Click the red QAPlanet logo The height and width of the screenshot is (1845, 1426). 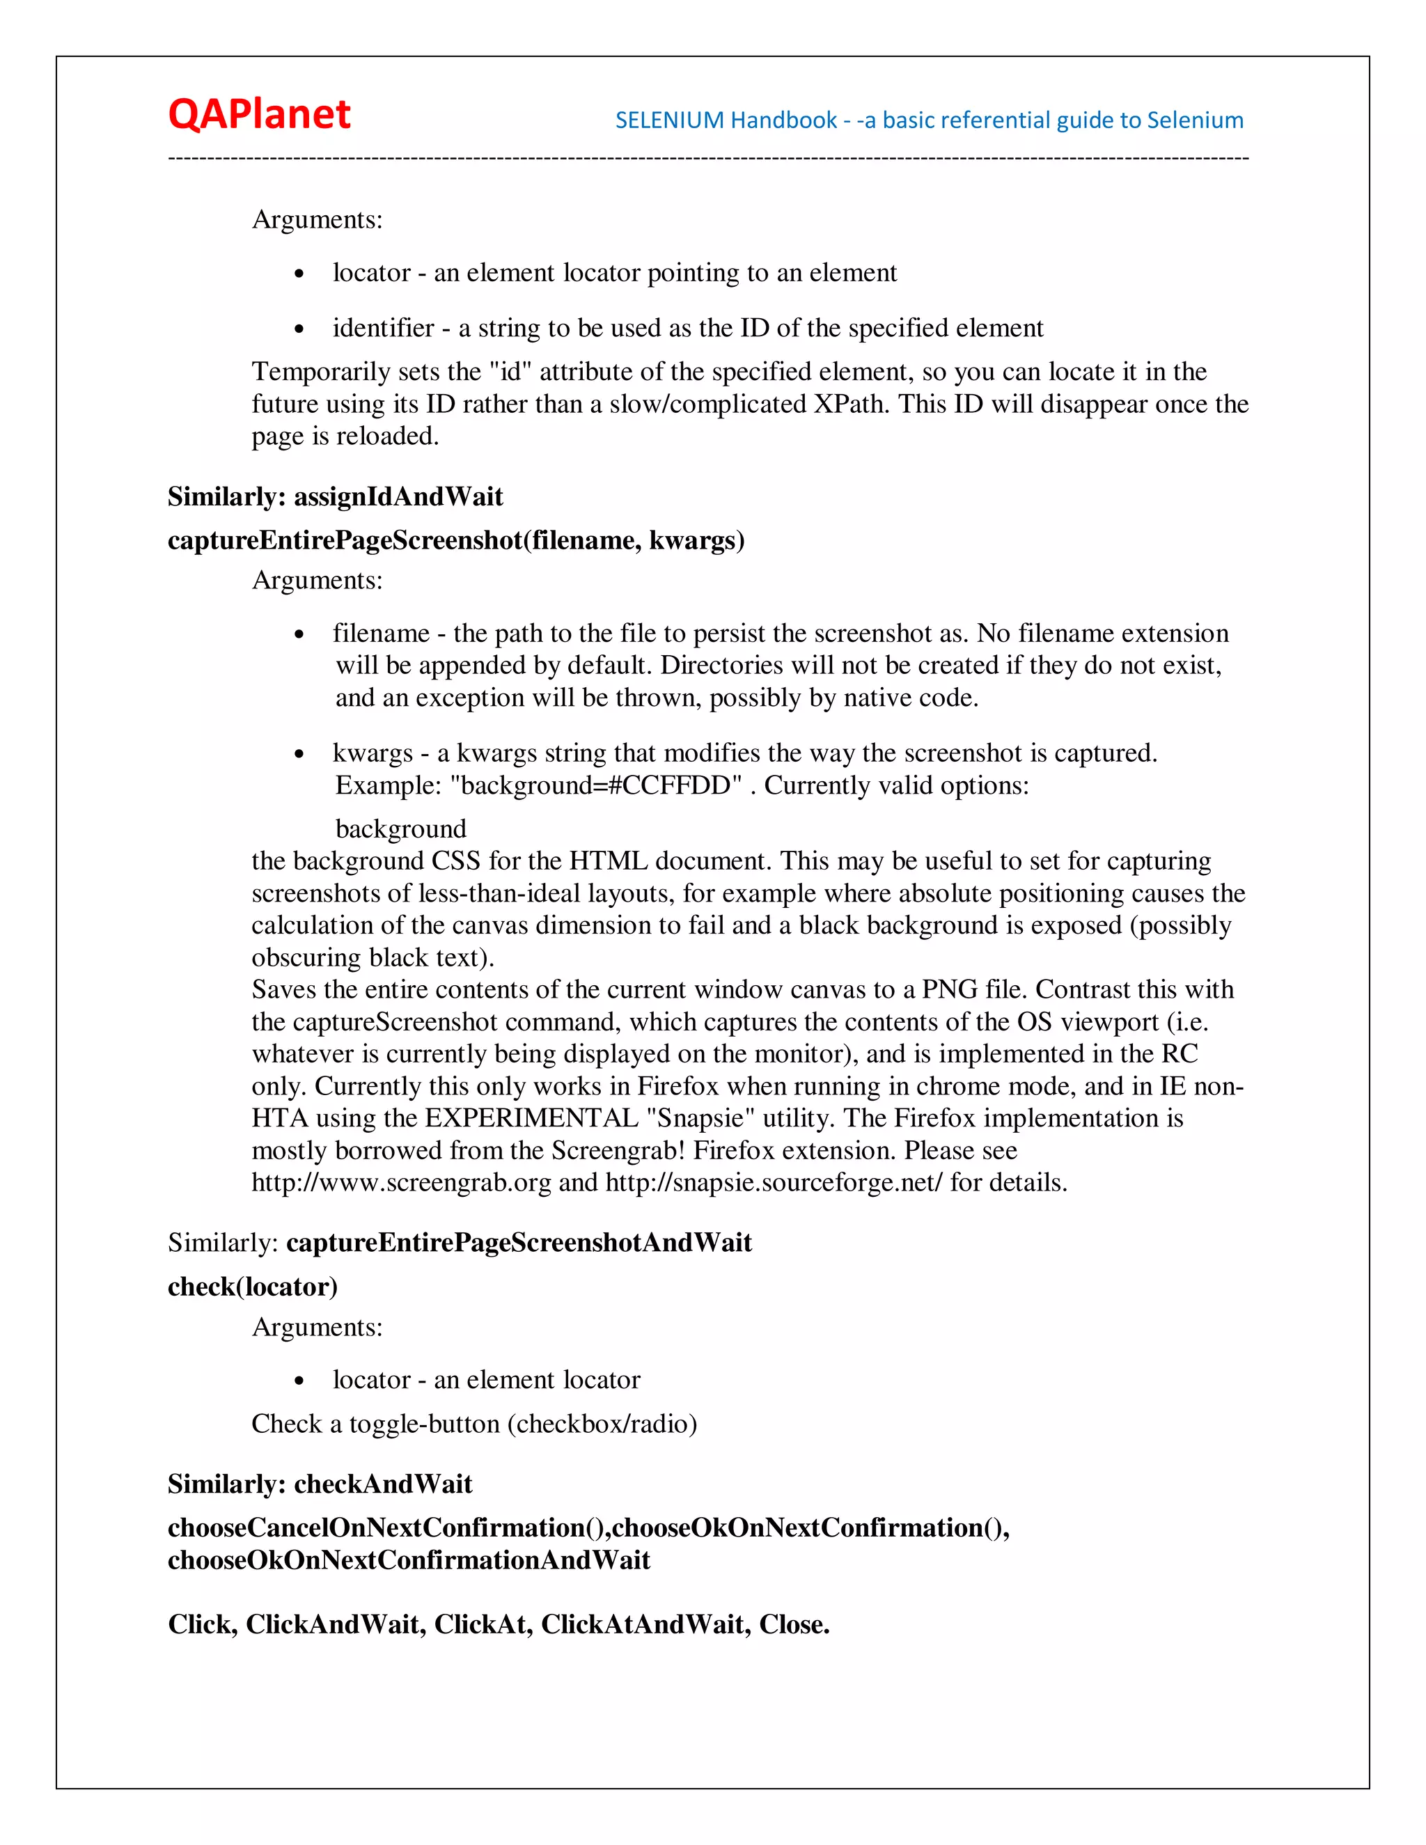pyautogui.click(x=258, y=115)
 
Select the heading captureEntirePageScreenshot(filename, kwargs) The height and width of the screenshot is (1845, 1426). pyautogui.click(x=456, y=541)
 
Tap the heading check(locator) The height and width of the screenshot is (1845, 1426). pyautogui.click(x=253, y=1287)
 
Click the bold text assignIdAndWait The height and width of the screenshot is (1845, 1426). pyautogui.click(x=398, y=496)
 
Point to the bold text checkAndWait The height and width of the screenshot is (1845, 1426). pyautogui.click(x=383, y=1484)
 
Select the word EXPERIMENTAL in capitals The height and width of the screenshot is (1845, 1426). pyautogui.click(x=531, y=1119)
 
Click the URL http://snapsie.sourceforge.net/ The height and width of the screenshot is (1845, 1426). pyautogui.click(x=773, y=1183)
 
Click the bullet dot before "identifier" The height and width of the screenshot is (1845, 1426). pyautogui.click(x=299, y=330)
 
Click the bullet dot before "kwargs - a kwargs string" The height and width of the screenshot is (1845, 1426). pyautogui.click(x=299, y=755)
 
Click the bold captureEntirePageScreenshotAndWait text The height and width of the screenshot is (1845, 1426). pyautogui.click(x=519, y=1243)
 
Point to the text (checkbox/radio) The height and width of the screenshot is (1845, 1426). pyautogui.click(x=602, y=1424)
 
